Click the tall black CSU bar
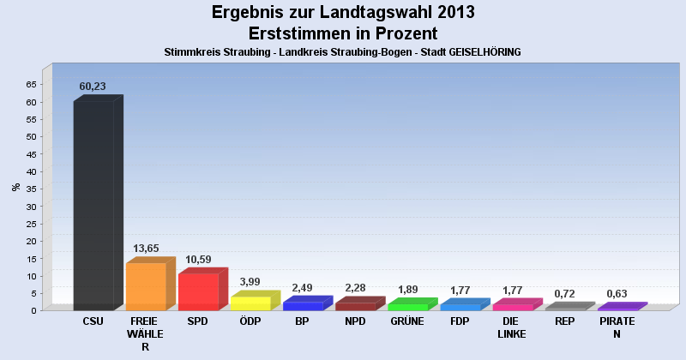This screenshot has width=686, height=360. coord(93,205)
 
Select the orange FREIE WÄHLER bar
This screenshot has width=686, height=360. coord(146,286)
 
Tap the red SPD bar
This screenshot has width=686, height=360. coord(198,291)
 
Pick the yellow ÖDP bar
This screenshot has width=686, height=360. coord(250,303)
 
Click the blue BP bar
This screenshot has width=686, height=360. coord(303,305)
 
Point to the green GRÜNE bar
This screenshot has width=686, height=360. coord(407,306)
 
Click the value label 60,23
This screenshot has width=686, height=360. coord(93,87)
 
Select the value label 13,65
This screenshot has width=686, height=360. coord(146,249)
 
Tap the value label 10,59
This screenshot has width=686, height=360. coord(198,260)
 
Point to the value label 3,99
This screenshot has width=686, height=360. coord(250,282)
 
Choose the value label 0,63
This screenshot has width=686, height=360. coord(617,294)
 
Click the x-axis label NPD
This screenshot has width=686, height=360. coord(355,321)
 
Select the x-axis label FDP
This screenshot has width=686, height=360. coord(460,321)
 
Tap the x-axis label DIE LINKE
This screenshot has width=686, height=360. coord(512,327)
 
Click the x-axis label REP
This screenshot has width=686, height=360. coord(564,321)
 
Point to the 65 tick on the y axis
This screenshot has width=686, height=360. coord(31,84)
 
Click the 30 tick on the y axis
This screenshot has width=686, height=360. coord(31,207)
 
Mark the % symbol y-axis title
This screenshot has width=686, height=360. coord(15,186)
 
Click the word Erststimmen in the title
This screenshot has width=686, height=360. coord(299,33)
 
